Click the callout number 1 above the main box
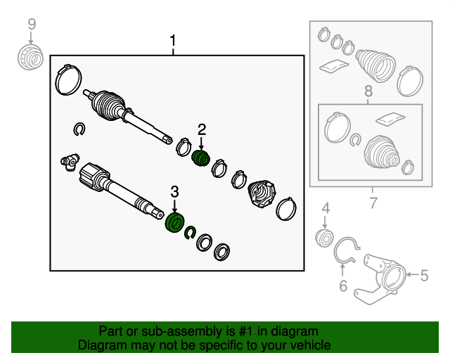172,41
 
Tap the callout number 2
202,130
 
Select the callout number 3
174,192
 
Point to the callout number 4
326,208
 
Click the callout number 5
424,276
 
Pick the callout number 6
343,286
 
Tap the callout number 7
373,203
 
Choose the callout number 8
368,91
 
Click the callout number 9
32,24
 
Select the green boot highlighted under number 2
200,158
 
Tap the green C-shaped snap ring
190,232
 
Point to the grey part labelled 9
30,57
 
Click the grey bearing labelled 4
325,238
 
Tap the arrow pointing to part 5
413,275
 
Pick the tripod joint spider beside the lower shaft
70,162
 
